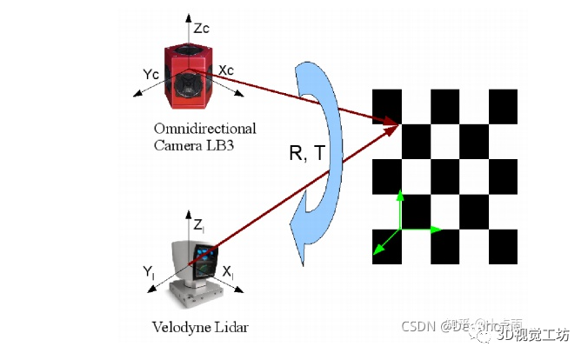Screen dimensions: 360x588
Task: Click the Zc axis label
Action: tap(201, 29)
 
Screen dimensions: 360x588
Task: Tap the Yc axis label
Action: tap(149, 74)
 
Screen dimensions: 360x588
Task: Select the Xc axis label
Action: tap(225, 69)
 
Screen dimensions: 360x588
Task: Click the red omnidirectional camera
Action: tap(187, 70)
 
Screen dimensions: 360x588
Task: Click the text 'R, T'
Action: tap(307, 154)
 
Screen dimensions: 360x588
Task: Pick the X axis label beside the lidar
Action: tap(228, 273)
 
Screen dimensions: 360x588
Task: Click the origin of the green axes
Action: tap(399, 230)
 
